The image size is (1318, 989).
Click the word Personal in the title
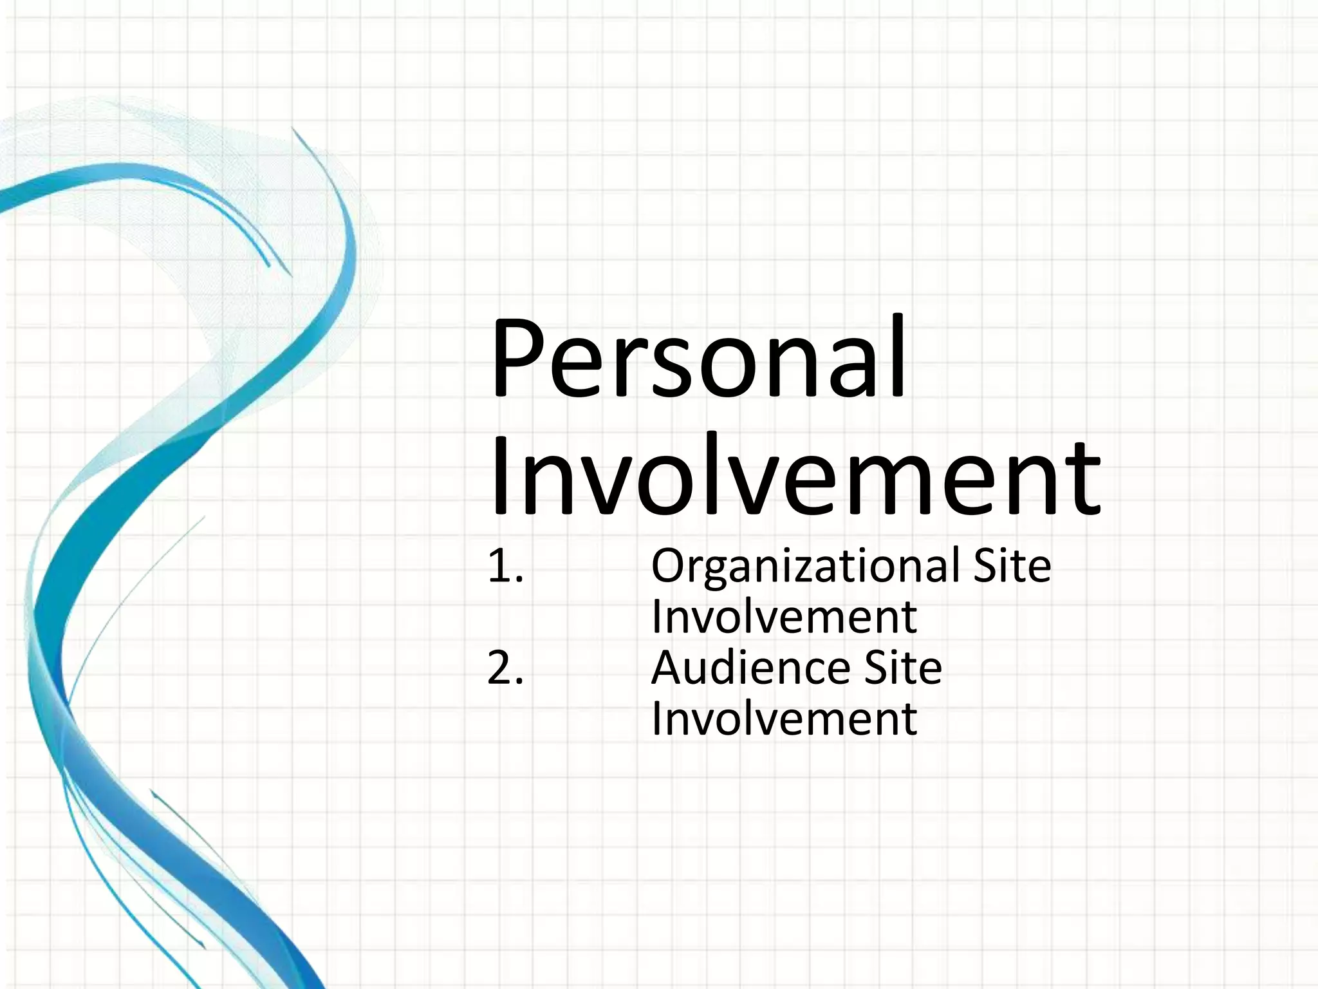click(x=698, y=359)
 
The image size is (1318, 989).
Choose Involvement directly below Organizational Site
click(x=784, y=617)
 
